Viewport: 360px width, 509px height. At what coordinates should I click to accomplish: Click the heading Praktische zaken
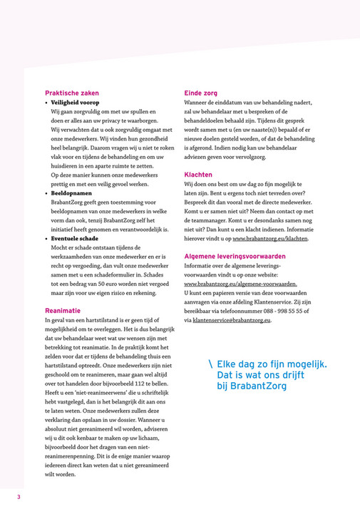(x=71, y=93)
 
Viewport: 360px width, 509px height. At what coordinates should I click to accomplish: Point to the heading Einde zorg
(x=201, y=93)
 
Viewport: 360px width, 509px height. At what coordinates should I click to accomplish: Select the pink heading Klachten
(x=198, y=174)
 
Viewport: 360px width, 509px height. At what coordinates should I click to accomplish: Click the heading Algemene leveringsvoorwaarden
(x=235, y=256)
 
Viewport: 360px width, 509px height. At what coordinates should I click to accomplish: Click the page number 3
(x=19, y=496)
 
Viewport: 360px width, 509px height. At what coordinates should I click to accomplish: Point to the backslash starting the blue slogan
(x=210, y=365)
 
